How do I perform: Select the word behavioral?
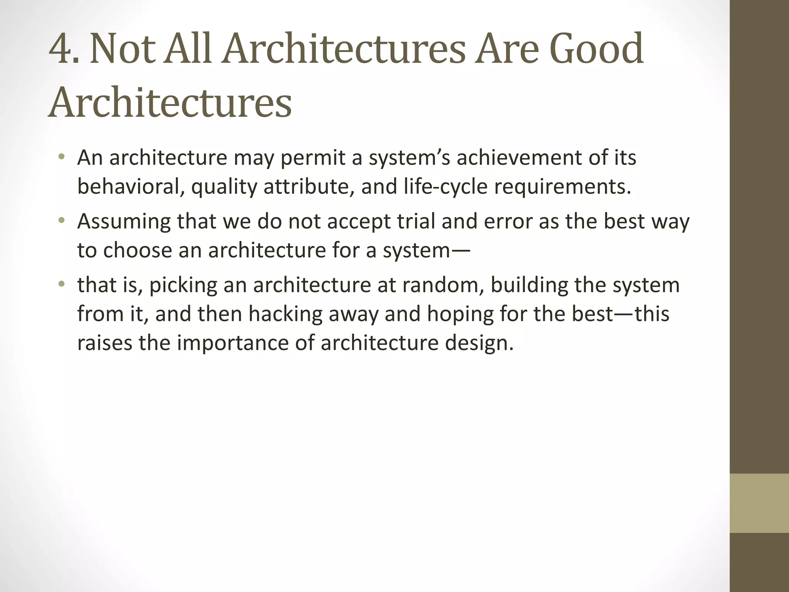pyautogui.click(x=129, y=187)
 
